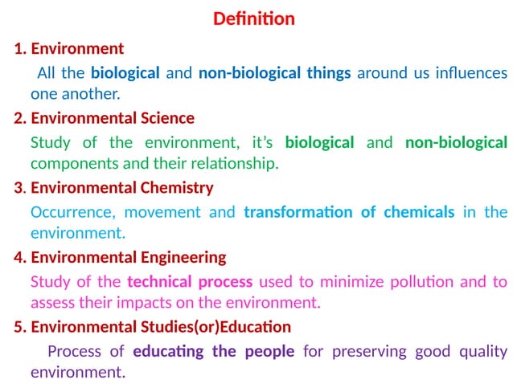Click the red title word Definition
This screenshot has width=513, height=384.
tap(253, 18)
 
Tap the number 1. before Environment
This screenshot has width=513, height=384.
tap(20, 49)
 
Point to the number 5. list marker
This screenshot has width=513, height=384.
tap(20, 328)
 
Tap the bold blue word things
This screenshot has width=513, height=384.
tap(328, 73)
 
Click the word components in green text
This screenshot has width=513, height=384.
tap(65, 164)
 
